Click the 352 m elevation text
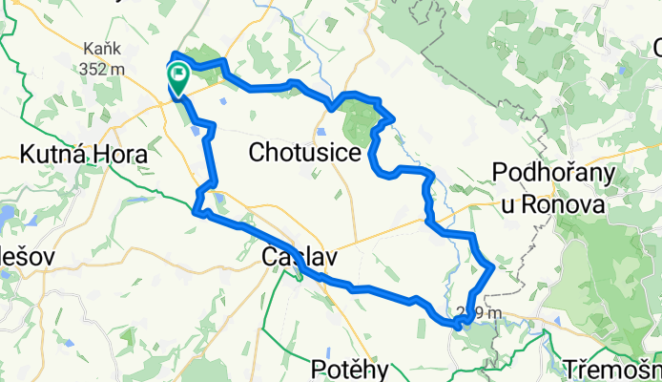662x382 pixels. (x=104, y=68)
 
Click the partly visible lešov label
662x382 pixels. (x=20, y=256)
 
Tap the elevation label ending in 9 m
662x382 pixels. (x=480, y=311)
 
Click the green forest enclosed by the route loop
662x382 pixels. (x=355, y=121)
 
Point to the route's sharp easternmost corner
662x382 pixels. (x=492, y=268)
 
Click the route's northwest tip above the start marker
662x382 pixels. (x=173, y=53)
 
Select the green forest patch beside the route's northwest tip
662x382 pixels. (x=204, y=55)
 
